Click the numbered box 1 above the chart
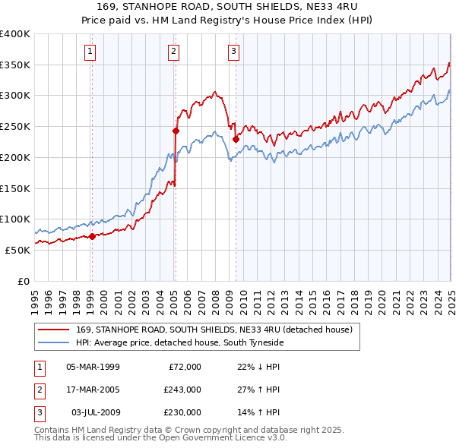click(90, 52)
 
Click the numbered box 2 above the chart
click(174, 52)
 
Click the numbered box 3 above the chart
click(233, 52)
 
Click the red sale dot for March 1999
click(92, 236)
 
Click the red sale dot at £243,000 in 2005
click(176, 131)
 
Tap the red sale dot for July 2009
click(236, 139)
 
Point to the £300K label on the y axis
click(15, 96)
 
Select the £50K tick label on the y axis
click(18, 250)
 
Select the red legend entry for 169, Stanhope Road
click(214, 330)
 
